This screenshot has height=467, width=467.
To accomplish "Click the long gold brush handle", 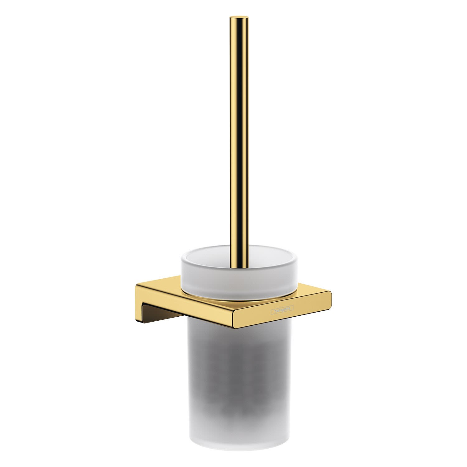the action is click(x=240, y=140).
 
